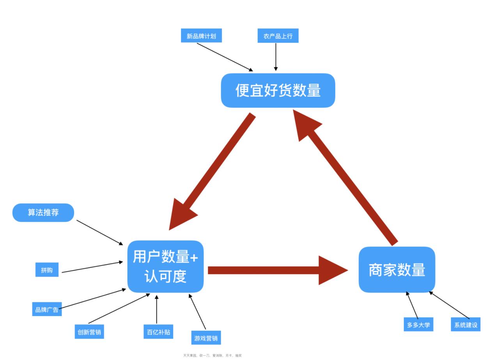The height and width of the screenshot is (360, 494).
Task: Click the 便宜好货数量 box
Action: (278, 90)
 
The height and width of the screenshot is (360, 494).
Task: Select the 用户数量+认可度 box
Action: (165, 266)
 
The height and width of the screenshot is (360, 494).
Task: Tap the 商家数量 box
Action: (397, 270)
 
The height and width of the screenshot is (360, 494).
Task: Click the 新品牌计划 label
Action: (201, 36)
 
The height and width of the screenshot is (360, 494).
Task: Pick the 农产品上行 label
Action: (278, 36)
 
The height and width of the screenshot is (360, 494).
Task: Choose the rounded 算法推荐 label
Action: (43, 213)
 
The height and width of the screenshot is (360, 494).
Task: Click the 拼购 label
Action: (47, 270)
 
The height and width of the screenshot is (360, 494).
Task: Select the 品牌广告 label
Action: (47, 309)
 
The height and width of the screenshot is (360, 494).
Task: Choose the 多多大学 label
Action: (418, 325)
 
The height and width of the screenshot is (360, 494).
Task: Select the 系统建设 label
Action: (466, 325)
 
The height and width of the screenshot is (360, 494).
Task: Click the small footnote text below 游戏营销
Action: (212, 356)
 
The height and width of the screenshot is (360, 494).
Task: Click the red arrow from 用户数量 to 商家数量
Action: (273, 270)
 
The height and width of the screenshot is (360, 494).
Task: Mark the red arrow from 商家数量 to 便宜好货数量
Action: (347, 179)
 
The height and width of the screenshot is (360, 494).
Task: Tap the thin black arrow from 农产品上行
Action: (276, 56)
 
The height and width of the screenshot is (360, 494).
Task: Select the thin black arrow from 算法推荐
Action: (99, 232)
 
